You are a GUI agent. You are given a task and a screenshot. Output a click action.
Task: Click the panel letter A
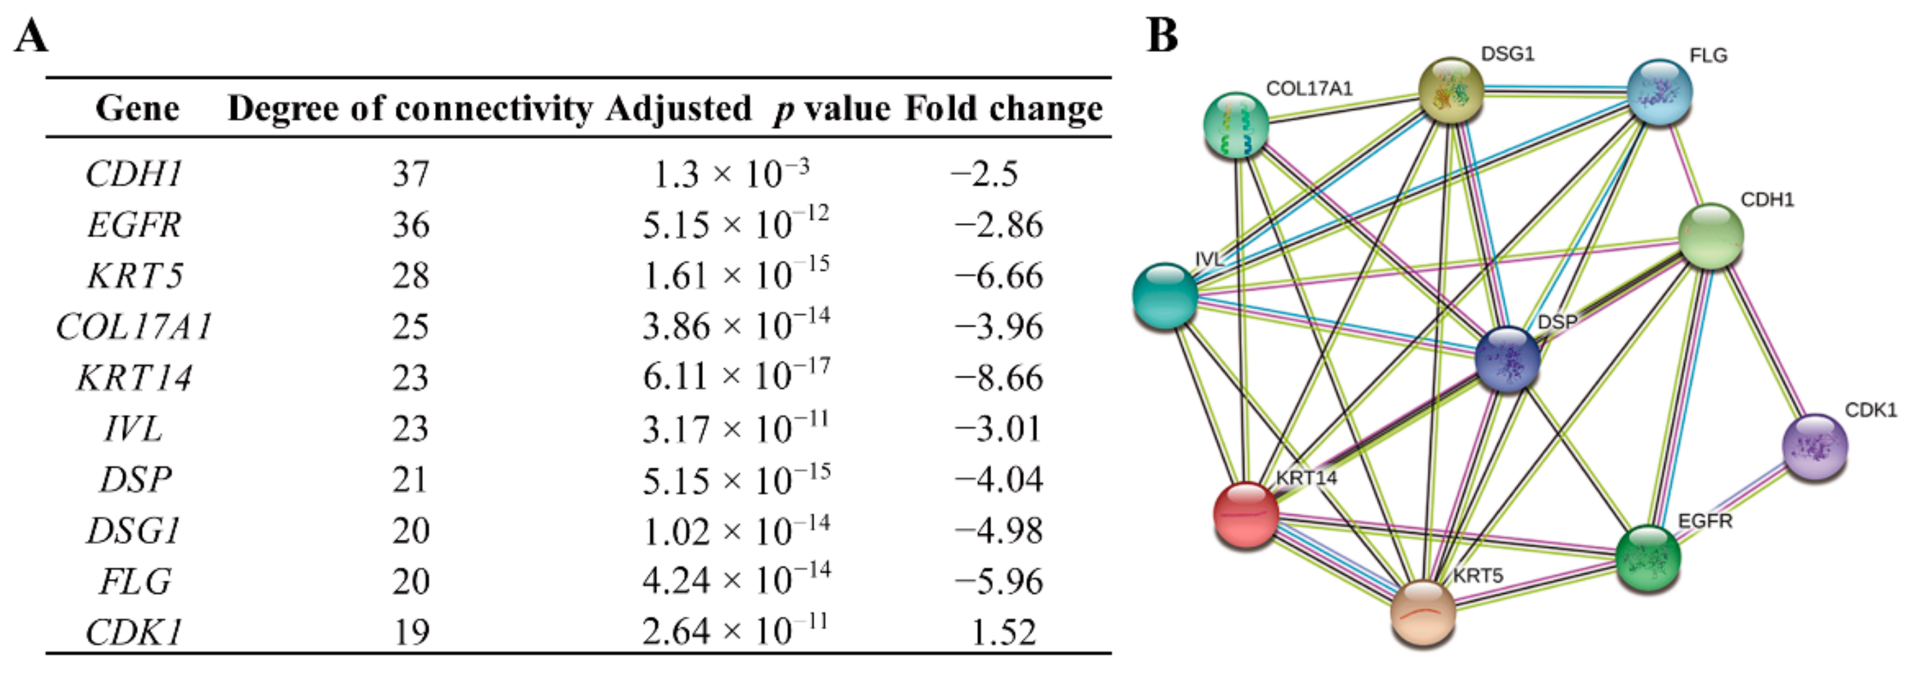(31, 35)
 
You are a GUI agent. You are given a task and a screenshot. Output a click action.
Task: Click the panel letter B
(1162, 35)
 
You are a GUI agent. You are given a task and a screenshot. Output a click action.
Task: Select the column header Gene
(138, 109)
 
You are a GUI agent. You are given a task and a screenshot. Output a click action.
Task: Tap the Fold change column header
(1003, 109)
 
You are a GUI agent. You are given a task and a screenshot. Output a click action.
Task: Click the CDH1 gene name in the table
(135, 174)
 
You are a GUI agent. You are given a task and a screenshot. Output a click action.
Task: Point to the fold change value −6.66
(999, 276)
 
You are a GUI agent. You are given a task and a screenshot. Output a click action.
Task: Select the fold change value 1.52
(1003, 632)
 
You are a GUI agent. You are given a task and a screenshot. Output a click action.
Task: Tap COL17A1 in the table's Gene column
(135, 326)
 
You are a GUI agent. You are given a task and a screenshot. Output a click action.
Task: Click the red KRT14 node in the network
(1246, 514)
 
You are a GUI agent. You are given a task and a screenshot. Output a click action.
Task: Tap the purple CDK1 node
(1815, 447)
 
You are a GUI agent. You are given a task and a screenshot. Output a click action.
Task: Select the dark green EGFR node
(1648, 558)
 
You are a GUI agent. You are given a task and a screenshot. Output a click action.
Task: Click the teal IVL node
(1165, 295)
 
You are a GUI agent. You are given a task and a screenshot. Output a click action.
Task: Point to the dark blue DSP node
(1507, 359)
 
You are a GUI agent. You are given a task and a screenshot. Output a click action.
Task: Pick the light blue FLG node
(1660, 92)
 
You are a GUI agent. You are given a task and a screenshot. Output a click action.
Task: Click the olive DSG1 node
(1451, 90)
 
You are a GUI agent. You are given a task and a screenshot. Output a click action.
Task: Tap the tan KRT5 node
(1423, 614)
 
